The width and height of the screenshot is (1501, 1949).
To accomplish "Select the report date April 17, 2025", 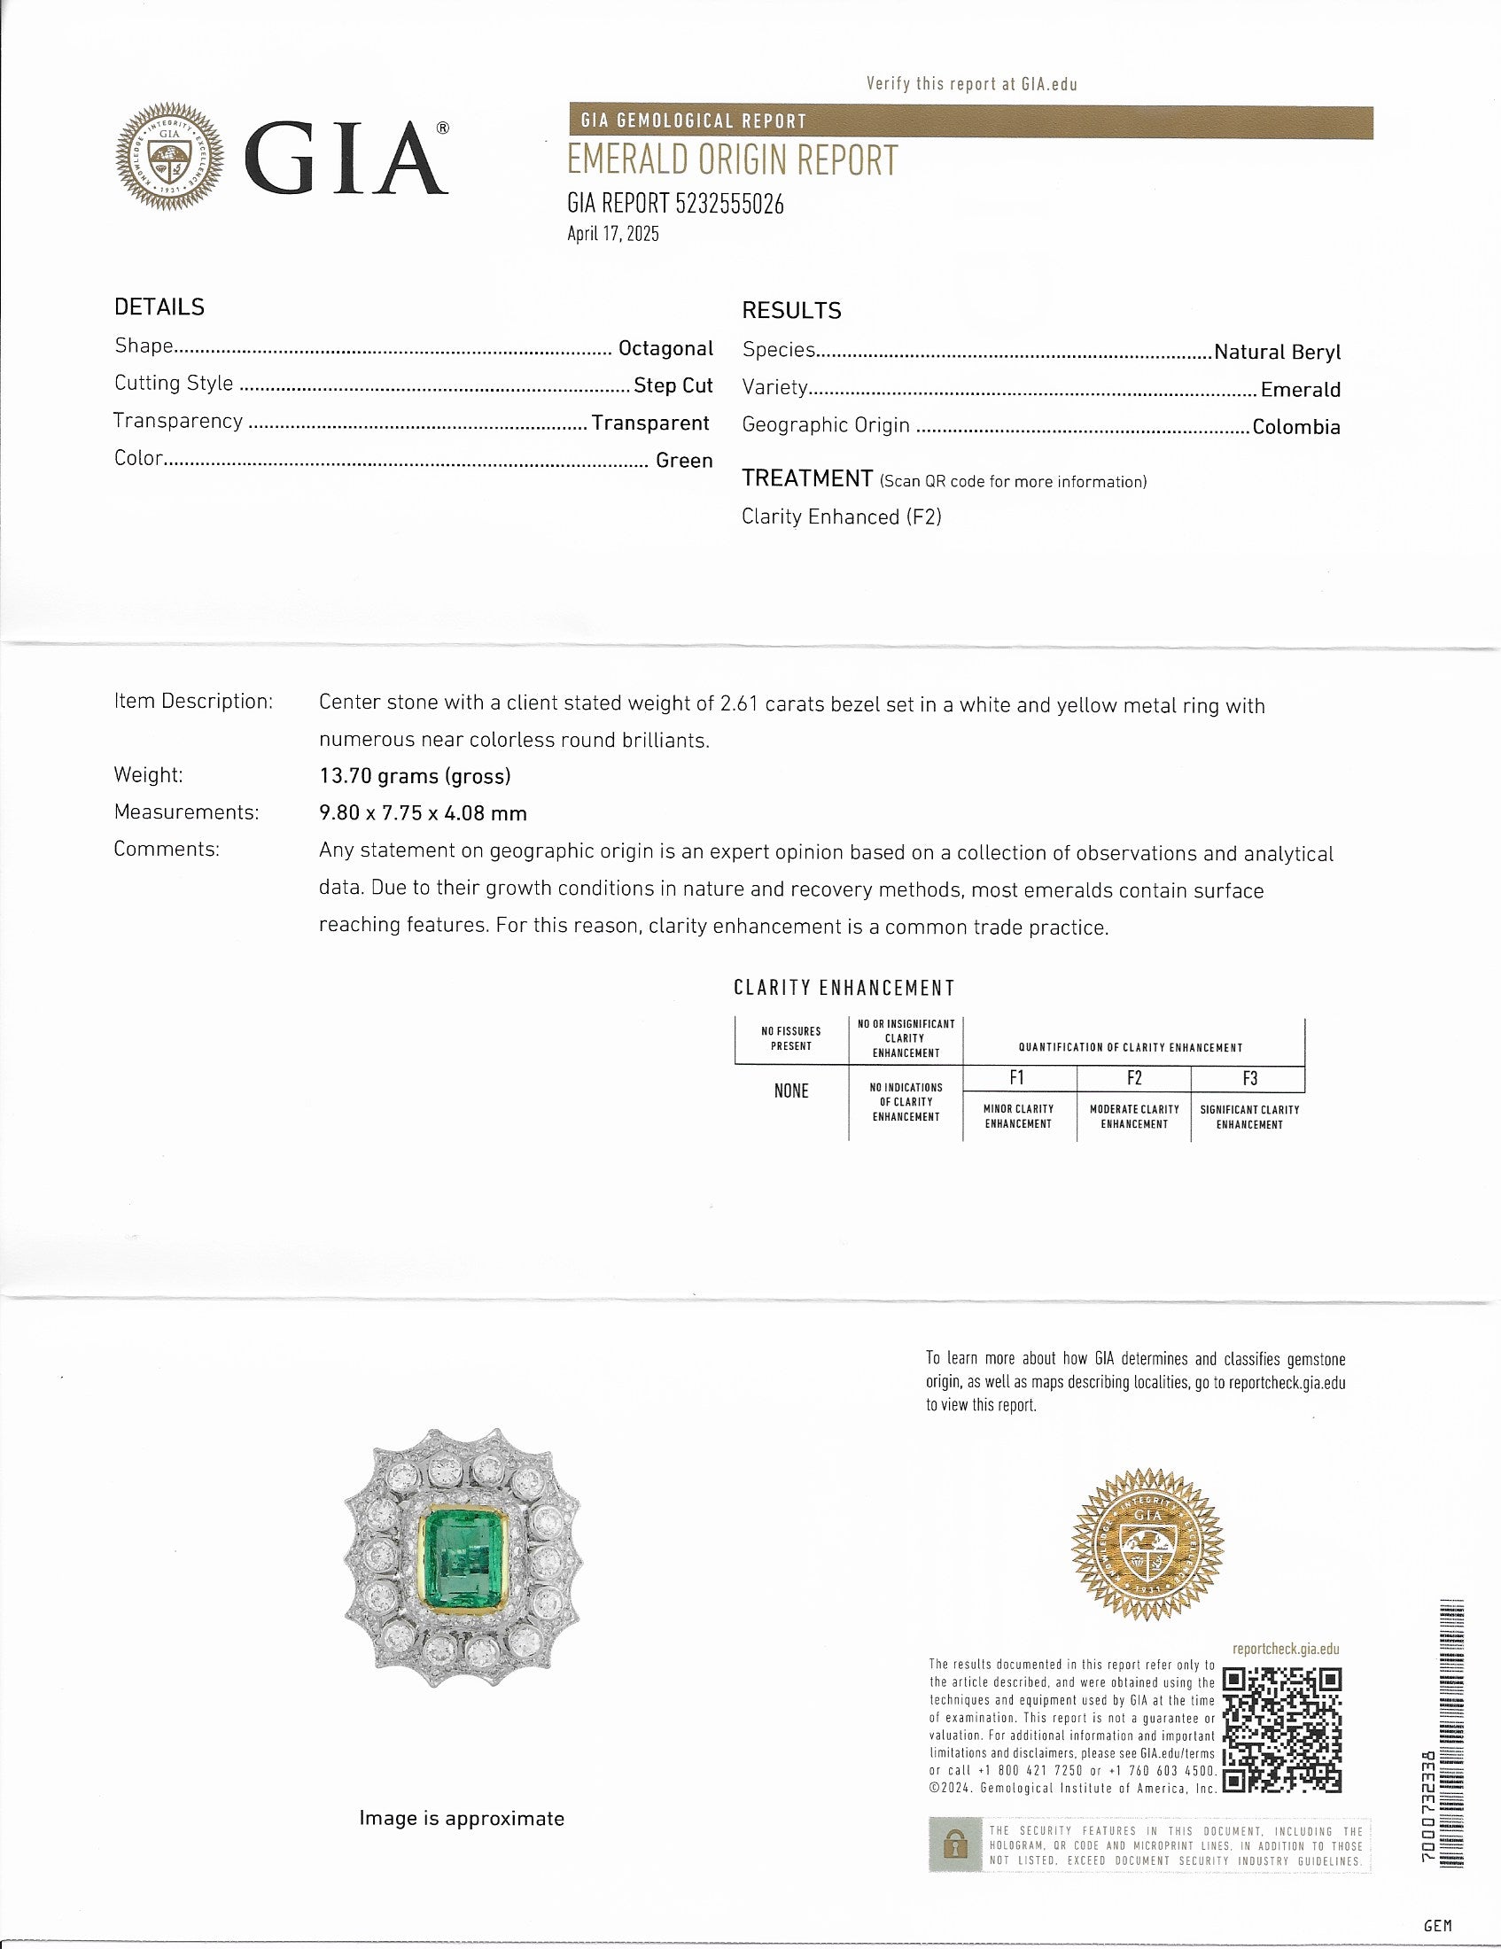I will [x=613, y=235].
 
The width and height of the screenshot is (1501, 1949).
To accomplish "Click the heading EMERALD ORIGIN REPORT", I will [x=732, y=161].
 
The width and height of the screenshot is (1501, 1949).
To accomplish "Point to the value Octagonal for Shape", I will [x=665, y=348].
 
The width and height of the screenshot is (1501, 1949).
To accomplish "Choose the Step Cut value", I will [x=673, y=384].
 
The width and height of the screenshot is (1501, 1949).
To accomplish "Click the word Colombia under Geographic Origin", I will [x=1295, y=427].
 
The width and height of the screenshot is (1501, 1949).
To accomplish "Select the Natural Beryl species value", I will [x=1277, y=353].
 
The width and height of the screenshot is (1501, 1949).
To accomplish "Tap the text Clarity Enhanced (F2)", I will [x=842, y=516].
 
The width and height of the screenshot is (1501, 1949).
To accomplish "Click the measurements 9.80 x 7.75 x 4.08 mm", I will [x=423, y=813].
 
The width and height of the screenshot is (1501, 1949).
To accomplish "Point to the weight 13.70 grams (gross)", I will [x=415, y=775].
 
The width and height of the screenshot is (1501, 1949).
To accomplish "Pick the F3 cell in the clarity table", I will [x=1249, y=1078].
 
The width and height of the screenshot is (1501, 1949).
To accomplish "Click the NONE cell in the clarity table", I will [x=790, y=1091].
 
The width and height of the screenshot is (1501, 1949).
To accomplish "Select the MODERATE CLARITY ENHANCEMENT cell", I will [x=1134, y=1116].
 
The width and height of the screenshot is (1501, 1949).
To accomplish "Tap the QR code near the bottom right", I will [x=1281, y=1728].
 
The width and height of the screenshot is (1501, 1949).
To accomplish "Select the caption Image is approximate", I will [x=462, y=1818].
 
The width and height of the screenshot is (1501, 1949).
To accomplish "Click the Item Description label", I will [x=193, y=702].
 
